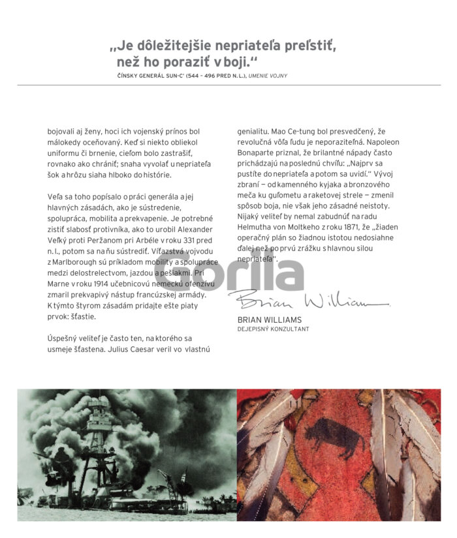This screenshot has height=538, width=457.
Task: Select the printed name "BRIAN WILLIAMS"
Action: (269, 320)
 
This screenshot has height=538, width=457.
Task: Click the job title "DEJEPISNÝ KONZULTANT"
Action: (273, 329)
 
